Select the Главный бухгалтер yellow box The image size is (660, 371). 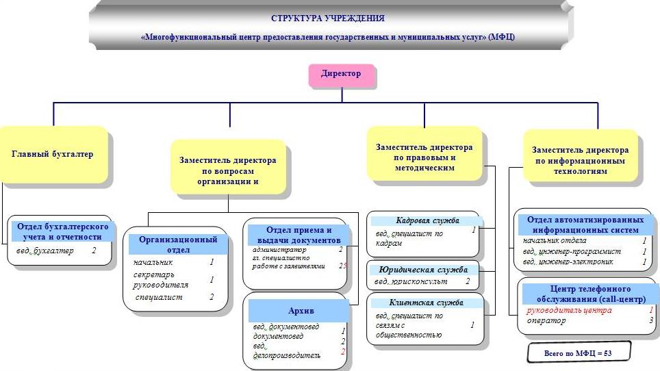click(53, 154)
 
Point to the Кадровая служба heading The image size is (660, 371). click(427, 220)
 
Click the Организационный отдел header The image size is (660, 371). click(178, 244)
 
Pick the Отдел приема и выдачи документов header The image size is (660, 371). click(299, 235)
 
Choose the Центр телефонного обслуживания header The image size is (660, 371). click(586, 294)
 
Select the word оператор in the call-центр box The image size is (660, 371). click(547, 320)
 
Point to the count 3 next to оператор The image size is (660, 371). click(651, 320)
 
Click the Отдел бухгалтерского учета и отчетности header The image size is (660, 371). click(62, 231)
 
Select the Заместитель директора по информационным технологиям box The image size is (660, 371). click(580, 160)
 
